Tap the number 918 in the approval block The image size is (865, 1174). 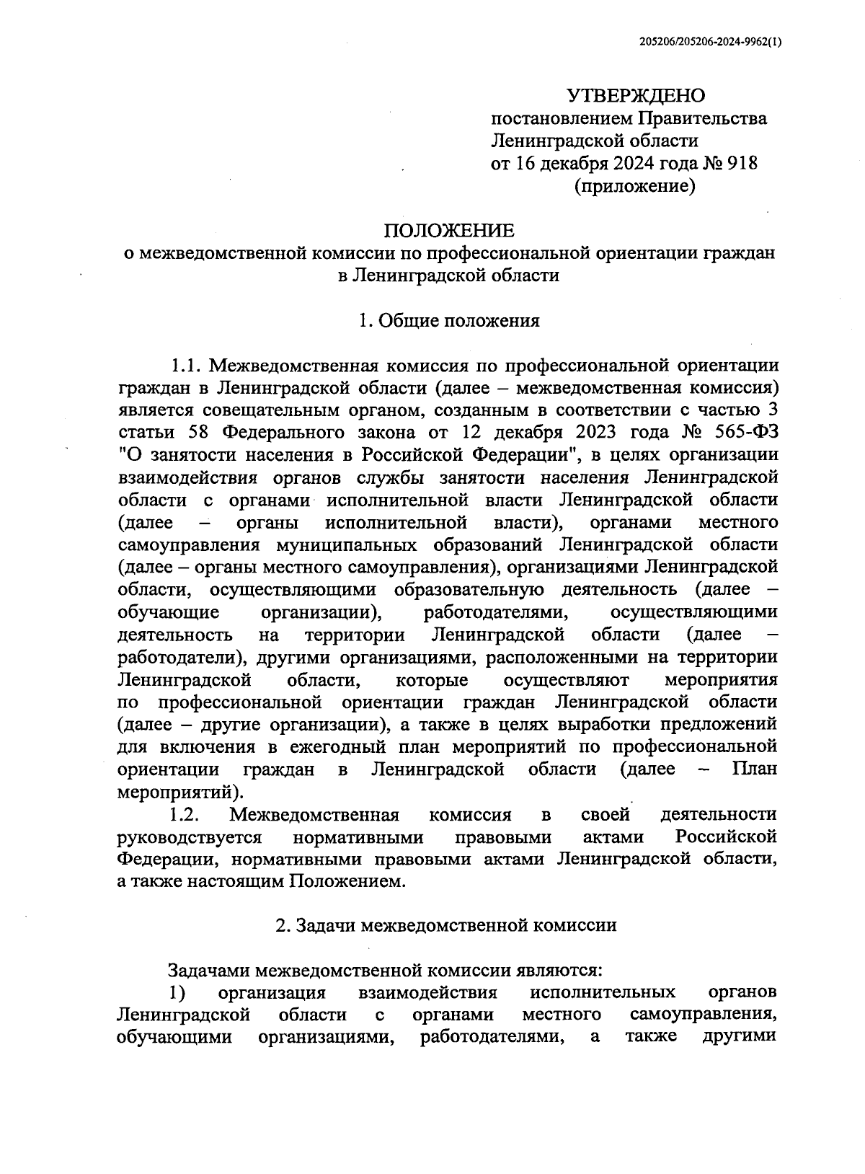[x=742, y=164]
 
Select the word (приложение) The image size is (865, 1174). [x=634, y=187]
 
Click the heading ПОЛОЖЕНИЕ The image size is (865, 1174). [x=448, y=231]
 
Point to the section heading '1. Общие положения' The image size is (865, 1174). [x=448, y=321]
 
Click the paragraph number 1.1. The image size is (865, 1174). [x=184, y=365]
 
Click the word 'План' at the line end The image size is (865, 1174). [x=755, y=769]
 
